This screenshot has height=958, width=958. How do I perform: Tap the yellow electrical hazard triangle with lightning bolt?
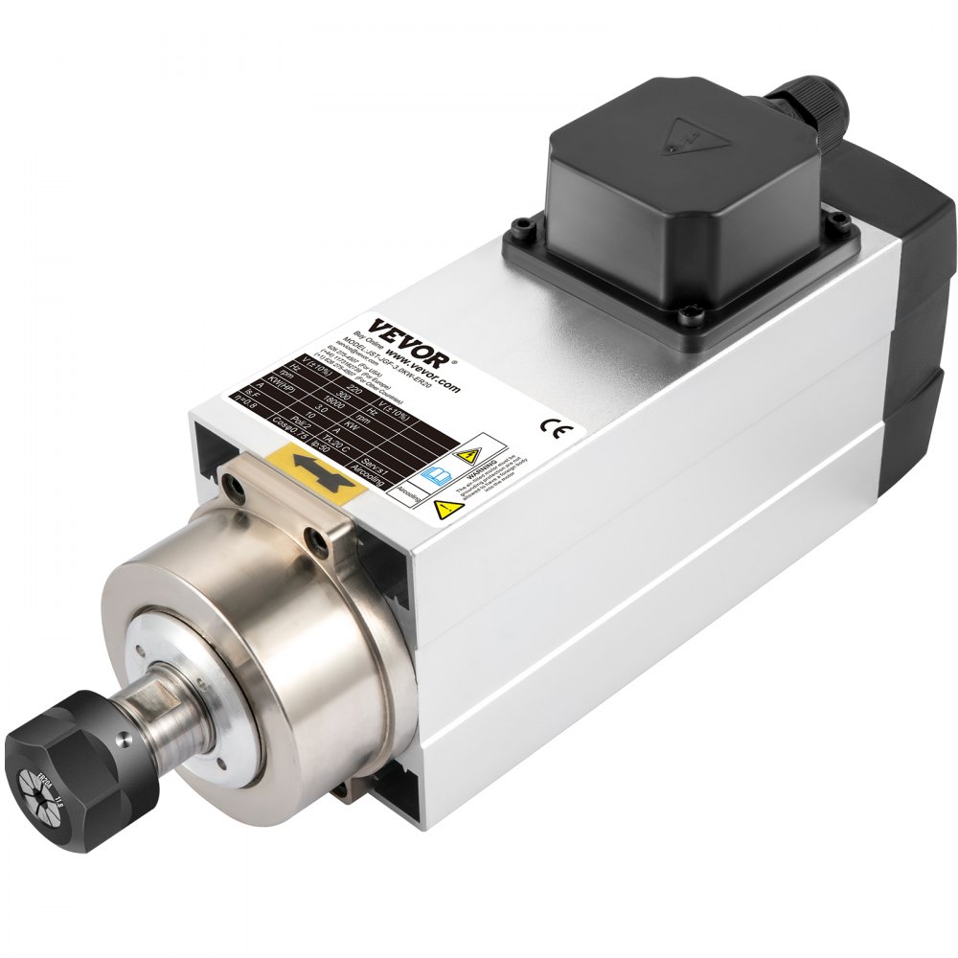(469, 454)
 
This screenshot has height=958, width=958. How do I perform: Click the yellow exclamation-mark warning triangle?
(442, 509)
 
